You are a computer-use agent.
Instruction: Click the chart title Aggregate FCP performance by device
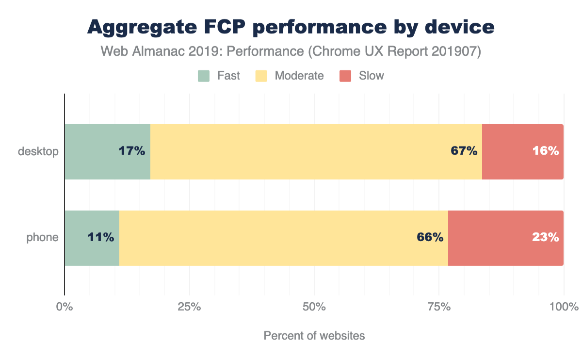click(x=291, y=27)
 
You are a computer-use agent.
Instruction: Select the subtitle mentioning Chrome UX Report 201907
click(x=291, y=51)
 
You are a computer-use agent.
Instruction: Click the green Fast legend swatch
click(x=204, y=76)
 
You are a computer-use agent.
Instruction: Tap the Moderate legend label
click(x=299, y=76)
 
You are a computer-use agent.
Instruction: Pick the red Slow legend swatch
click(x=345, y=76)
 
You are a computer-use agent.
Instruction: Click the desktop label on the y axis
click(x=38, y=151)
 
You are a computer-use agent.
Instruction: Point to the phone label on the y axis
click(x=42, y=238)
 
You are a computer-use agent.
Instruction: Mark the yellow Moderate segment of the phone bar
click(x=272, y=238)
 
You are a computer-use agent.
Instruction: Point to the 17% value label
click(x=132, y=151)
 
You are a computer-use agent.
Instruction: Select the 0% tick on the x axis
click(x=65, y=307)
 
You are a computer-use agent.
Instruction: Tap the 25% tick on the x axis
click(x=189, y=307)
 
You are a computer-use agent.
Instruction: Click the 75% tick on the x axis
click(x=439, y=307)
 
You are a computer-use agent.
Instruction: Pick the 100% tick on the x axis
click(x=564, y=307)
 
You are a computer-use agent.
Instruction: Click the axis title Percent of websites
click(x=314, y=336)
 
